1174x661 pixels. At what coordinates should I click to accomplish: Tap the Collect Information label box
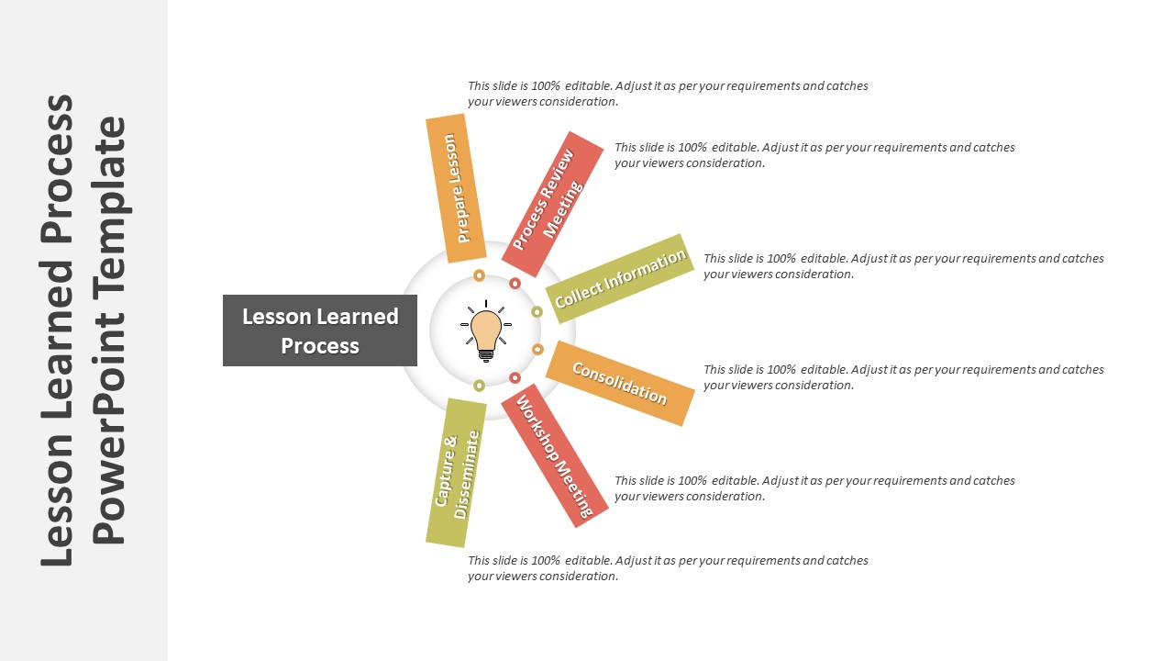pos(620,278)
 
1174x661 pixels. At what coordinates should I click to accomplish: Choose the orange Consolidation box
pos(619,383)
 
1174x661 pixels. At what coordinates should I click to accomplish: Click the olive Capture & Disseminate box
pos(456,473)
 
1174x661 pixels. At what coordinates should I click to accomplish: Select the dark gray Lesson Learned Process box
pos(320,330)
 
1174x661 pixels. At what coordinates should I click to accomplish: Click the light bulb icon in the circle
pos(486,331)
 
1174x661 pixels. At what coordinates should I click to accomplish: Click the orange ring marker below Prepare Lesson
pos(479,275)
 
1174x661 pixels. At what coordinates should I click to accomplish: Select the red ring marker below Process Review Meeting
pos(515,284)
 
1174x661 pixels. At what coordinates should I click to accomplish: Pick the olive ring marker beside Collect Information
pos(537,312)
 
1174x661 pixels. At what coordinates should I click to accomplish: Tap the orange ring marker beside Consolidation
pos(537,349)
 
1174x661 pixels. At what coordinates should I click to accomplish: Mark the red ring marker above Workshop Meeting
pos(515,377)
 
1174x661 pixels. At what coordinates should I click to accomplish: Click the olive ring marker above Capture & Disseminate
pos(479,386)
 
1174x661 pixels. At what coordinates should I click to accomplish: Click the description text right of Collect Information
pos(903,266)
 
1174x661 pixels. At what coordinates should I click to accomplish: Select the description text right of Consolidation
pos(903,377)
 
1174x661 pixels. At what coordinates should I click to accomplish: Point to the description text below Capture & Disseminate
pos(668,568)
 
